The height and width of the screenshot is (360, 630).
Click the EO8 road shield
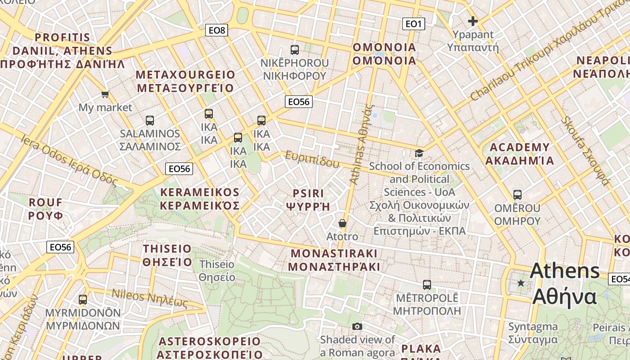click(x=216, y=30)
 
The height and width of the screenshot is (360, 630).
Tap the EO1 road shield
click(x=413, y=24)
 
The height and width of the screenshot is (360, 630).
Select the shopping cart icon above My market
click(x=105, y=94)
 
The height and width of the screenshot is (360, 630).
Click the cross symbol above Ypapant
click(x=472, y=21)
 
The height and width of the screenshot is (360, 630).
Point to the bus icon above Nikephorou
click(x=295, y=50)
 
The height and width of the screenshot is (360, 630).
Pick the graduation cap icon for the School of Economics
click(x=419, y=153)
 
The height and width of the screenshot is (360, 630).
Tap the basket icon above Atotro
click(x=342, y=223)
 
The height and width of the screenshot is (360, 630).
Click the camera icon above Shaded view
click(x=357, y=326)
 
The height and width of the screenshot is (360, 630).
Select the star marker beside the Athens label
click(x=521, y=283)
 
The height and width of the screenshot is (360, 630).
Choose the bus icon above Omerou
click(x=517, y=195)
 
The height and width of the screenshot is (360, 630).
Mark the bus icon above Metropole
click(x=427, y=285)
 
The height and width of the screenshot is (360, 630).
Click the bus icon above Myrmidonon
click(x=83, y=300)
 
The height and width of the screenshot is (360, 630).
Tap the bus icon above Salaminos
click(x=150, y=121)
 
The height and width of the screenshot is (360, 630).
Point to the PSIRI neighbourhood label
click(x=308, y=193)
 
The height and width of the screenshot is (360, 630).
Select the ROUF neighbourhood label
click(x=45, y=202)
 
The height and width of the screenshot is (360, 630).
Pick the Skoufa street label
click(x=585, y=151)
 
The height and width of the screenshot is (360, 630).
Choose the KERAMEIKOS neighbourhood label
click(x=200, y=193)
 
